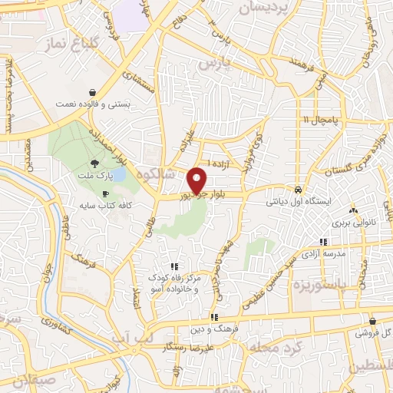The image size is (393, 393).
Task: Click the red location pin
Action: coord(197,180)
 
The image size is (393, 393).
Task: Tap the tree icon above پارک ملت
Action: coord(94,163)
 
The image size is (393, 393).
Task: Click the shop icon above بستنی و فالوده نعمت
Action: coord(92,91)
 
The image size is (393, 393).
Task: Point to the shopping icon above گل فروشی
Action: coord(372,322)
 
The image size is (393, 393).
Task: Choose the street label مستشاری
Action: coord(143,83)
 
